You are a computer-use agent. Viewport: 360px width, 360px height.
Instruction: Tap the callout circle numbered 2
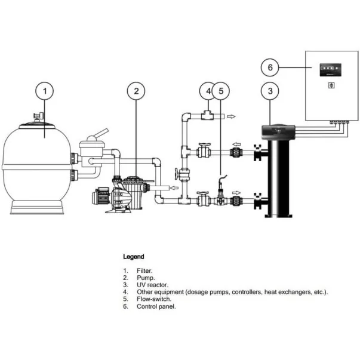(136, 91)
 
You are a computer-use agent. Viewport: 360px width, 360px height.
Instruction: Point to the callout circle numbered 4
(207, 91)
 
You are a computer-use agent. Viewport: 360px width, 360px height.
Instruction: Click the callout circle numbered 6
(270, 67)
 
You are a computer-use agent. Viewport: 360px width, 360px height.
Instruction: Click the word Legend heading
(133, 257)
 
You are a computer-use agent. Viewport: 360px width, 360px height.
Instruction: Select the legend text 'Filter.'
(144, 271)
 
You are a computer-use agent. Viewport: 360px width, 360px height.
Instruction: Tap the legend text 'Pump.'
(145, 278)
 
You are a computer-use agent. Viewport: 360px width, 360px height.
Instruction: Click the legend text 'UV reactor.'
(152, 285)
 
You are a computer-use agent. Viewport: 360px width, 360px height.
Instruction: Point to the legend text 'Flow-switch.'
(154, 299)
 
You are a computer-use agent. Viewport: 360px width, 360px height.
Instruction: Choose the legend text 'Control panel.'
(156, 306)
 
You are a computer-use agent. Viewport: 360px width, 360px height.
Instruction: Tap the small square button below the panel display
(331, 85)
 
